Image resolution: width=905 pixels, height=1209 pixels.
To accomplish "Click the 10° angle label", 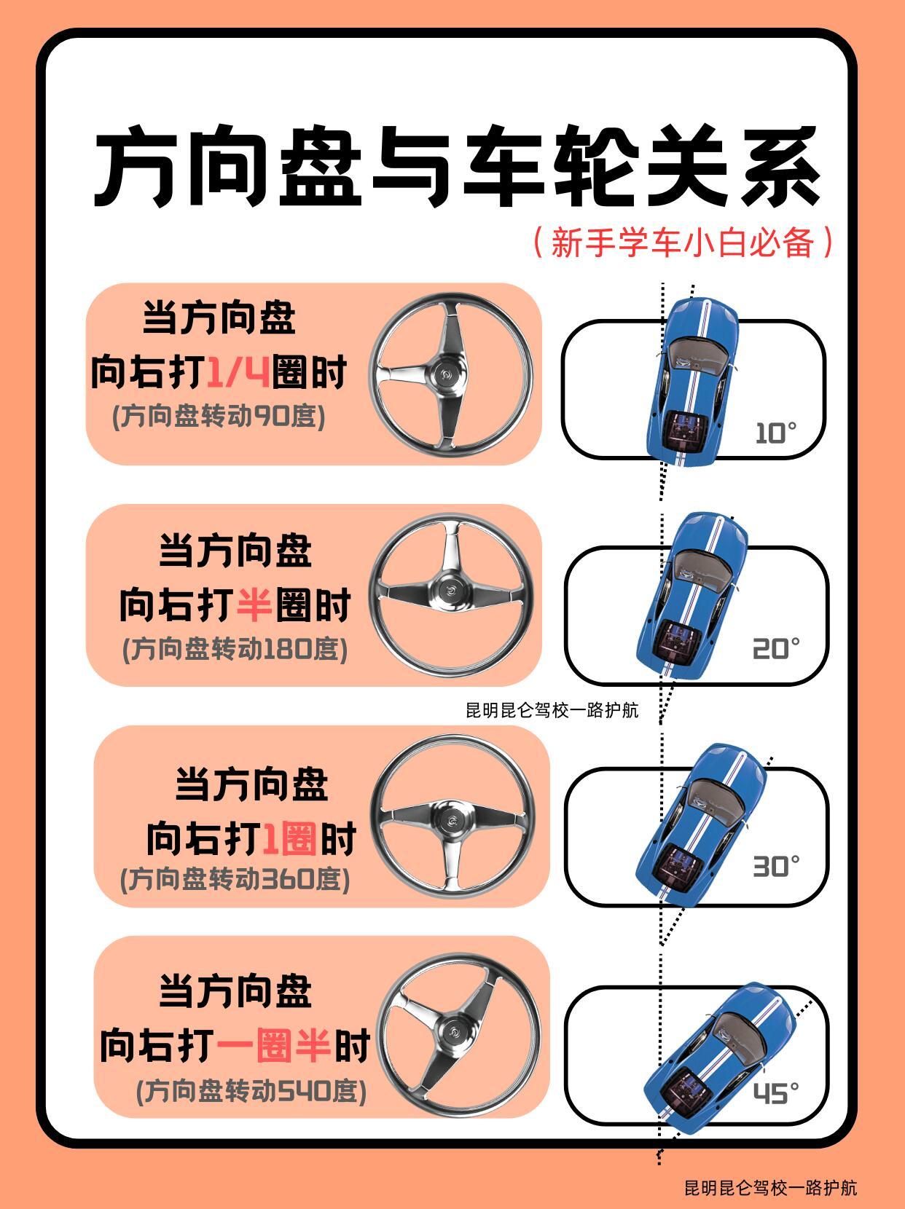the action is pos(775,433).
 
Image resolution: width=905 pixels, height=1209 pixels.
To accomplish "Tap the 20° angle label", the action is pos(776,649).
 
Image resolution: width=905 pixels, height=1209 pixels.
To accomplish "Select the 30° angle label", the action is pos(776,867).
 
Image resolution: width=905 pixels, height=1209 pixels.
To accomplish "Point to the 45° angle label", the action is pos(776,1092).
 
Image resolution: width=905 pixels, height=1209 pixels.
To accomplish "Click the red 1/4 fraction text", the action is pos(238,371).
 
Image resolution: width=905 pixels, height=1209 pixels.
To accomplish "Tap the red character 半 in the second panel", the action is pos(254,604).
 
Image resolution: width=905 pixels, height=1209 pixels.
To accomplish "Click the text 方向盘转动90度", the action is pos(219,417).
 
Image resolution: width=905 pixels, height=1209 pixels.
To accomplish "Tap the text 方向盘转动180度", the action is pos(235,650).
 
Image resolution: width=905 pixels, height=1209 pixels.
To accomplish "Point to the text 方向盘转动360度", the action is pos(235,878).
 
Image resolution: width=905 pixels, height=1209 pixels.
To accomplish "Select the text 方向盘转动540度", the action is pos(251,1091).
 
